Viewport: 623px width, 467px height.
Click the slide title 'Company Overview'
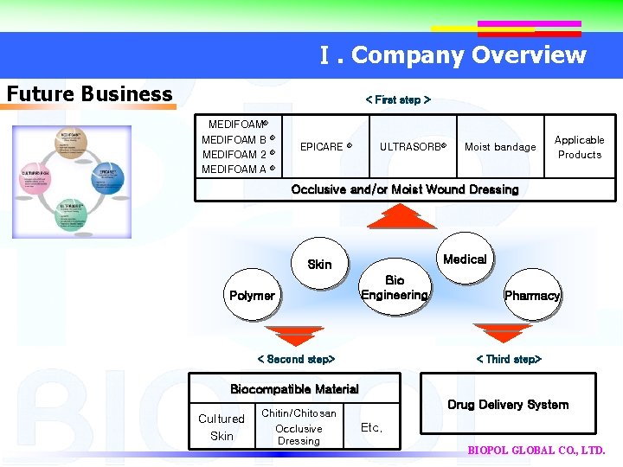pos(453,55)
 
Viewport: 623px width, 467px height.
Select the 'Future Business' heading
pos(89,93)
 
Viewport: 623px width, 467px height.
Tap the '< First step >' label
pos(398,100)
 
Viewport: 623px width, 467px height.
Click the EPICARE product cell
pos(325,147)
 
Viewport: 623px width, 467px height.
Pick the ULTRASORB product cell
pos(413,147)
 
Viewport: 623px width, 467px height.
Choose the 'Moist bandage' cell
pos(500,147)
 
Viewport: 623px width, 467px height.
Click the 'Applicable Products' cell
pos(579,147)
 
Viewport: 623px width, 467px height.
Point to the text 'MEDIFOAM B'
pos(237,140)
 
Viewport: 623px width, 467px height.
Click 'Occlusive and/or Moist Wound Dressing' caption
pos(405,189)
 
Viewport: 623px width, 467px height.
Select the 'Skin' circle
pos(319,264)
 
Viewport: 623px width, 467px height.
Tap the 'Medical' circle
pos(465,259)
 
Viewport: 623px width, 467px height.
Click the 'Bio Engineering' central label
pos(395,288)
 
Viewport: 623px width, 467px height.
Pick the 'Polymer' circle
pos(252,296)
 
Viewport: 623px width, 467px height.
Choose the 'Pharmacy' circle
pos(531,296)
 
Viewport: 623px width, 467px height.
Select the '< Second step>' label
pos(296,359)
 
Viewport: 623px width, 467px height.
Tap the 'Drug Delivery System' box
pos(508,404)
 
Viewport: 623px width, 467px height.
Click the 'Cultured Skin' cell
pos(222,427)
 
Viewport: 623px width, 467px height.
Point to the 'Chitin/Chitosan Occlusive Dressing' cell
pos(299,427)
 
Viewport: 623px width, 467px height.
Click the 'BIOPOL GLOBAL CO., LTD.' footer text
pos(536,451)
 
